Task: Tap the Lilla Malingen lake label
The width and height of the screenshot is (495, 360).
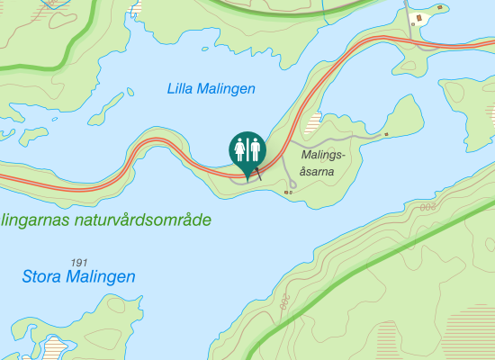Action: click(x=211, y=88)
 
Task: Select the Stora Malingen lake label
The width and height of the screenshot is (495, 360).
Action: click(x=78, y=276)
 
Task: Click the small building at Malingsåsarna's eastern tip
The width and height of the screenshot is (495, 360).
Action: click(x=386, y=134)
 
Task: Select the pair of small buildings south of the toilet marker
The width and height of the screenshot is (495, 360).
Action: click(x=288, y=191)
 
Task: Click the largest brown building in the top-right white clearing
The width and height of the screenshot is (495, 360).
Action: click(x=416, y=18)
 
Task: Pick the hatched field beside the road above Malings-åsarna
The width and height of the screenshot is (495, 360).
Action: click(x=311, y=123)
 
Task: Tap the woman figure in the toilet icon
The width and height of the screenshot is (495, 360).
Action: click(x=239, y=148)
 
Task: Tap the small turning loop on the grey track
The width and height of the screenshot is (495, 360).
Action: click(x=238, y=176)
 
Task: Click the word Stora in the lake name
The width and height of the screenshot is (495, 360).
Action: click(x=42, y=276)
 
